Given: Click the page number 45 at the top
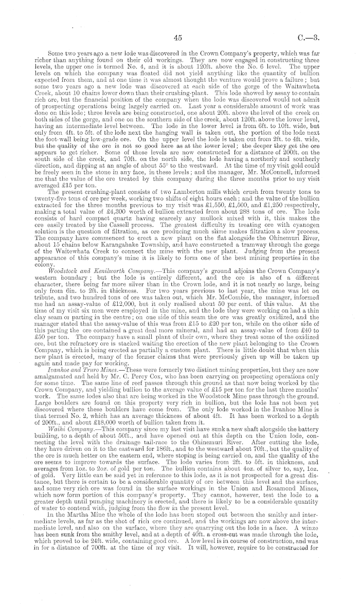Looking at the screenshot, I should tap(179, 37).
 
